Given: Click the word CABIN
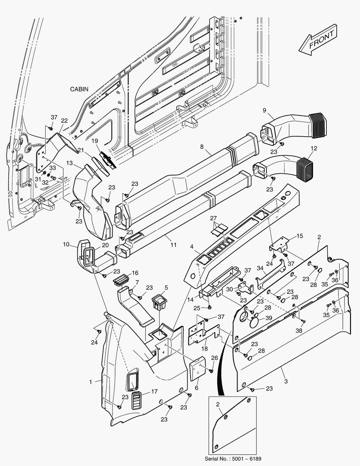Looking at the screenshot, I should point(79,89).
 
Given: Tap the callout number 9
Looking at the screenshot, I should point(264,110).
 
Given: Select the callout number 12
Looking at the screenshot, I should point(313,148).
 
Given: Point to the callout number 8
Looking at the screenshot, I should point(201,147).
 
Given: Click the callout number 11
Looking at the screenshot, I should point(173,245).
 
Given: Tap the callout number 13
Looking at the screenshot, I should point(70,164).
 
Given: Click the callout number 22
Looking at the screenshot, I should point(64,120).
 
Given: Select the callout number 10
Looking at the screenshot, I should point(66,244).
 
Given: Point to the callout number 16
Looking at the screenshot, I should point(135,273).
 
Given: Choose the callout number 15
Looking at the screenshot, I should point(299,236).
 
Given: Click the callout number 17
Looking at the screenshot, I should point(153,392).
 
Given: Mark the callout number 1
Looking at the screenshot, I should point(91,382).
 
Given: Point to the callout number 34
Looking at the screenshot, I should point(260,268).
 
